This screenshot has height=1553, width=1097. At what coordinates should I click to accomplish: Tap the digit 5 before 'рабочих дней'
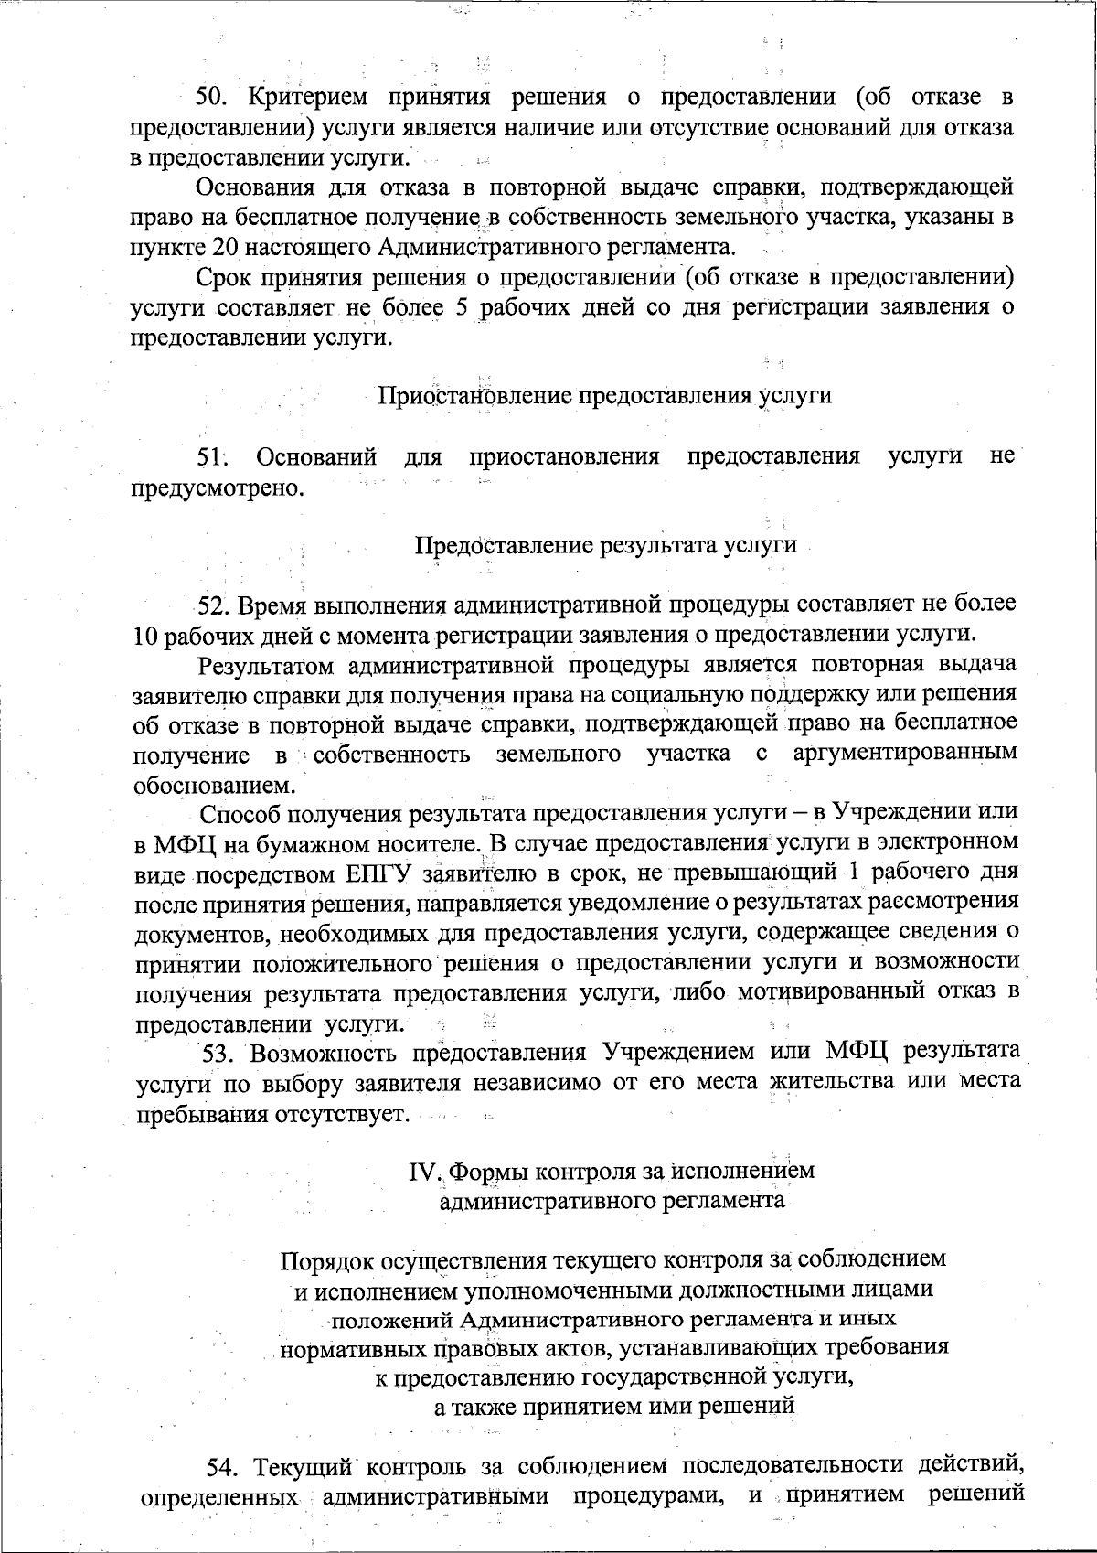(461, 306)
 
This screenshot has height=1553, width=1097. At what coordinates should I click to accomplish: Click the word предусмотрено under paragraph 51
(218, 486)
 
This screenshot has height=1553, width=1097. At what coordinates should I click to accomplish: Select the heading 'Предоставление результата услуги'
(606, 545)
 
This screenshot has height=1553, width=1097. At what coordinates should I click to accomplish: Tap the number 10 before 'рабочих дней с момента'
(147, 634)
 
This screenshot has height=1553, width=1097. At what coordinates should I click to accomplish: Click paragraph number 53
(219, 1052)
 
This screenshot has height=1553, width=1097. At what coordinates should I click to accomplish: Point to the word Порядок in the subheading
(325, 1259)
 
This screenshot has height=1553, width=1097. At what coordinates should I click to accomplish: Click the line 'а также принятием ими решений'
(613, 1405)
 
